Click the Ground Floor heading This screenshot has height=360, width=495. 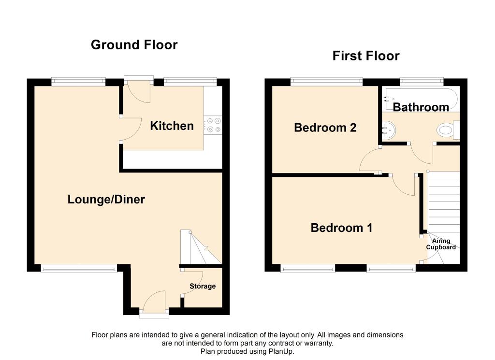click(x=134, y=45)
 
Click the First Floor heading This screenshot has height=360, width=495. click(x=366, y=56)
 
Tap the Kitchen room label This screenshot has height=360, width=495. click(x=172, y=126)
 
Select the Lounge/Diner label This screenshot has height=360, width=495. click(x=106, y=200)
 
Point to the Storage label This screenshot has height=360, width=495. click(x=203, y=286)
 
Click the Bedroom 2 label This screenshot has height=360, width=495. click(x=325, y=128)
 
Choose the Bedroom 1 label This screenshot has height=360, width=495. click(x=341, y=228)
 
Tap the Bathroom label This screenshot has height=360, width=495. click(x=421, y=107)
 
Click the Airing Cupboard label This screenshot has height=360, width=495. click(x=441, y=244)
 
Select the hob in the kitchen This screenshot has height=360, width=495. click(x=213, y=125)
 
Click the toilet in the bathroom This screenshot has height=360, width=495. click(x=448, y=130)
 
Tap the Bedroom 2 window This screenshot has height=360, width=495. click(x=326, y=82)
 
